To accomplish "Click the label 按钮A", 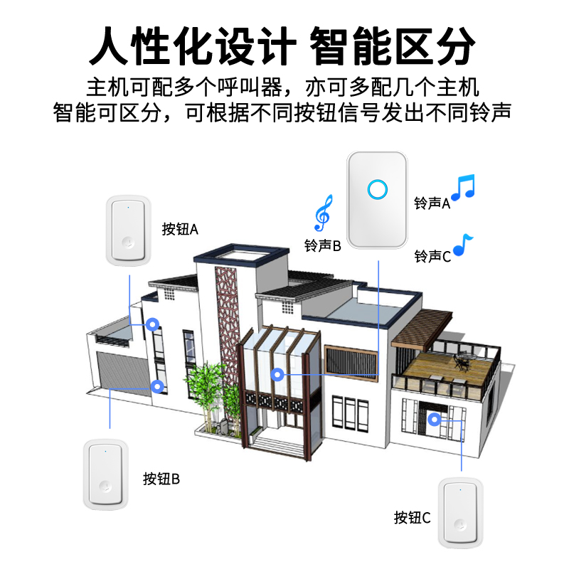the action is [179, 229].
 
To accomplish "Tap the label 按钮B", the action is [161, 478].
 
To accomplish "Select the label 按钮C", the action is [413, 517].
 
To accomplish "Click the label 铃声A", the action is [432, 203].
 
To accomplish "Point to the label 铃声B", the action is [323, 246].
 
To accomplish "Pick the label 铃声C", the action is [432, 256].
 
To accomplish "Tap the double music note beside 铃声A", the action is [462, 187].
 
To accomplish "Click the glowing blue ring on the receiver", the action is [376, 189].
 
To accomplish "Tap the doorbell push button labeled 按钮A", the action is [129, 230].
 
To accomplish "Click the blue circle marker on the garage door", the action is [158, 387].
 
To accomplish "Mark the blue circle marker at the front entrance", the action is [278, 373].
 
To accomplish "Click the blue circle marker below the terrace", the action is [435, 419].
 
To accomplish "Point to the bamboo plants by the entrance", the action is [211, 395].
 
